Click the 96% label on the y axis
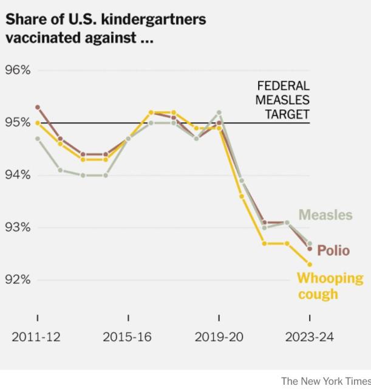pos(18,70)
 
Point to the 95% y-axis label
pos(18,123)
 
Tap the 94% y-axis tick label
pos(18,175)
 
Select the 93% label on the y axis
pos(18,227)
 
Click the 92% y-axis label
pos(18,280)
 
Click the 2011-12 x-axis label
pos(36,337)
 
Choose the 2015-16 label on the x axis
pos(128,337)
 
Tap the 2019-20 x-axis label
pos(219,337)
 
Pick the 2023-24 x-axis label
pos(309,337)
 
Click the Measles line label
pos(325,215)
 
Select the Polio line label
pos(333,250)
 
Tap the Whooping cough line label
pos(329,286)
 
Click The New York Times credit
pos(325,380)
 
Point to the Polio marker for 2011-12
pos(38,107)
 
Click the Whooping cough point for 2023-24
pos(310,264)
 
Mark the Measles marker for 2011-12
pos(38,139)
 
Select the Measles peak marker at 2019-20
pos(219,112)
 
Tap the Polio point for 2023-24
pos(310,249)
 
